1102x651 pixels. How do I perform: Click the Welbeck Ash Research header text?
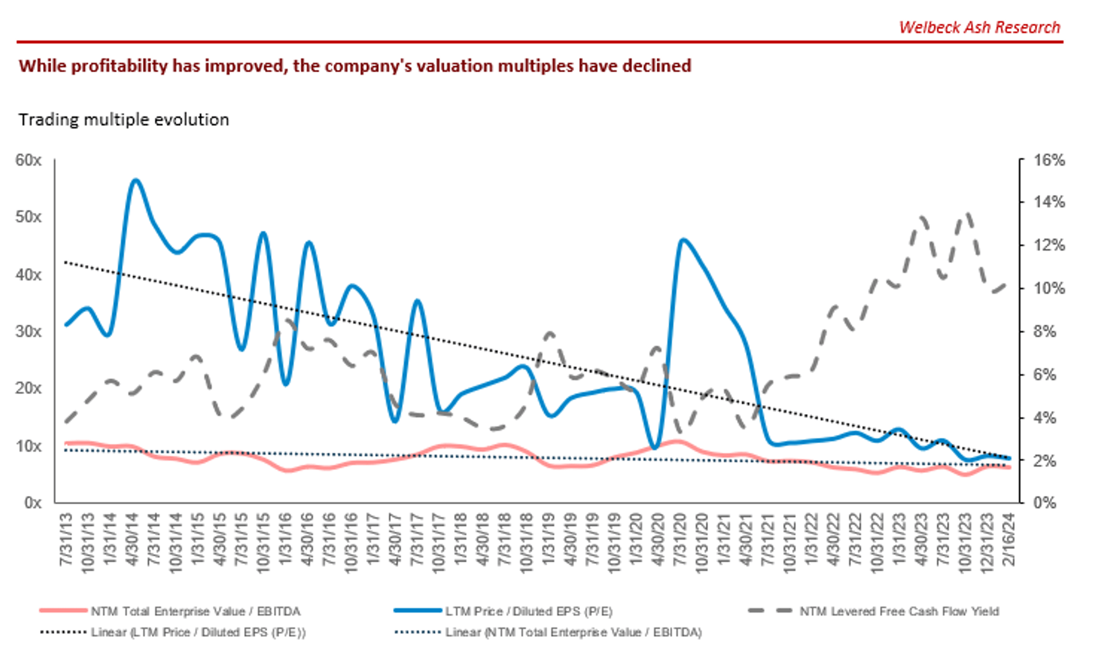click(x=979, y=27)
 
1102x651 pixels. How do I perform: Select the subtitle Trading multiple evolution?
click(x=123, y=120)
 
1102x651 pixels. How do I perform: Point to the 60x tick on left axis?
click(x=28, y=160)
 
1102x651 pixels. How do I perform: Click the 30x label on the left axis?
click(x=28, y=331)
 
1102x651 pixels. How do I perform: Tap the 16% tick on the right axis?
click(x=1049, y=160)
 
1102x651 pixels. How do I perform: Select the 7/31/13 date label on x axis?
click(x=66, y=539)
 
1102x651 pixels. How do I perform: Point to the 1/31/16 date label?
click(x=285, y=539)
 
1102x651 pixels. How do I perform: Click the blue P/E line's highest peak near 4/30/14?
click(x=136, y=180)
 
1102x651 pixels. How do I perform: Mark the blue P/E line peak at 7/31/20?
click(x=683, y=240)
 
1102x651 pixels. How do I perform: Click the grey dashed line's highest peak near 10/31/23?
click(x=968, y=214)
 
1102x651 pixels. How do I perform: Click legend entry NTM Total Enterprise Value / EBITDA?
click(x=195, y=611)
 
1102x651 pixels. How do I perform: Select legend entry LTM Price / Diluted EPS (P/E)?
click(x=528, y=611)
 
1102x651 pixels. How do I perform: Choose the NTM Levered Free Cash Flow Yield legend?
click(x=899, y=611)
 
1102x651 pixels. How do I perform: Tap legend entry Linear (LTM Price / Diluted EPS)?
click(x=198, y=632)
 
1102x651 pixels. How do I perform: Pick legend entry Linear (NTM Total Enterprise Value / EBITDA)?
click(x=573, y=632)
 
